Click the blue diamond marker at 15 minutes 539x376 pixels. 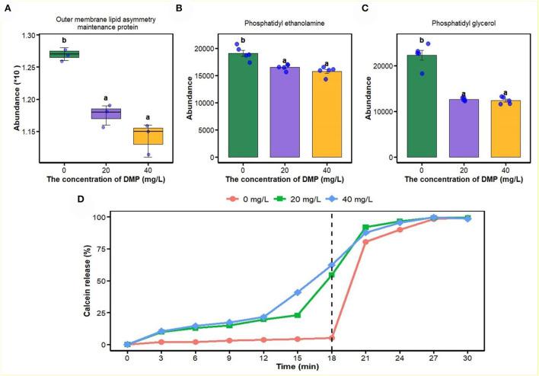[298, 292]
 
